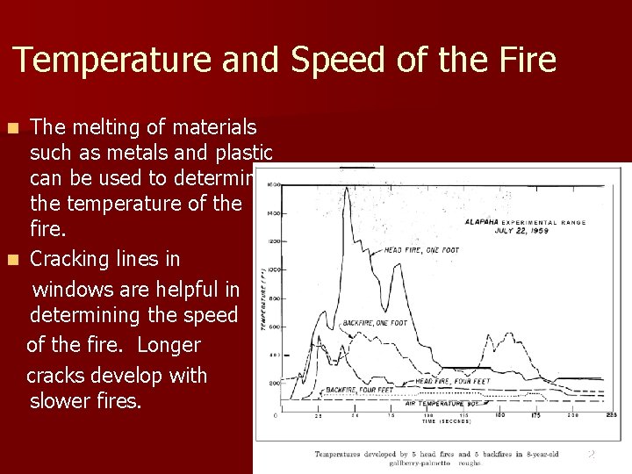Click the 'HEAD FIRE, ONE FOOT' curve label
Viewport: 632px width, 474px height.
[x=421, y=250]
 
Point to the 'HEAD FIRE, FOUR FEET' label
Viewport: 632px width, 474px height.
[x=449, y=382]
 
